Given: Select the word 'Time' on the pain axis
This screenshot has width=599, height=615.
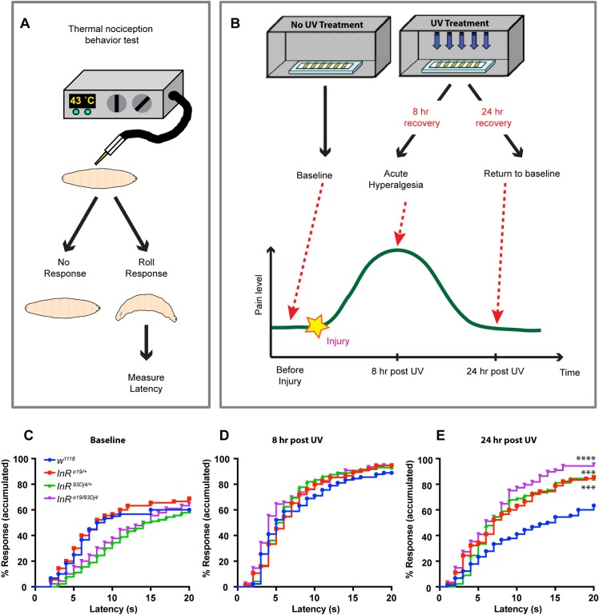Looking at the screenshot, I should (569, 373).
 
